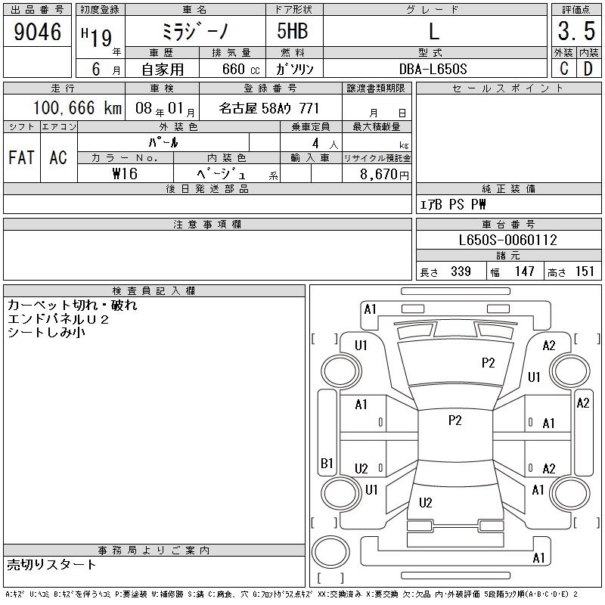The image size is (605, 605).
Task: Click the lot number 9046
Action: tap(37, 32)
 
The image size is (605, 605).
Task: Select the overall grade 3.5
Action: tap(576, 31)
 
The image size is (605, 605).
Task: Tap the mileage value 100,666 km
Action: tap(77, 107)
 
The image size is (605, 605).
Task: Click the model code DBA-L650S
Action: tap(433, 69)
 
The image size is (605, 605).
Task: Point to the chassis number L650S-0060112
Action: tap(507, 240)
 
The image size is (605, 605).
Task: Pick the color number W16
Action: tap(125, 174)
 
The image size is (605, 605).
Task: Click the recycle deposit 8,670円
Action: tap(384, 175)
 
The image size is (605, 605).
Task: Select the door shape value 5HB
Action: tap(293, 31)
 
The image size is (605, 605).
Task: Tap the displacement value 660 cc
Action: tap(240, 69)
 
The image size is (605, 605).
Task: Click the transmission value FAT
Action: tap(21, 157)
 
